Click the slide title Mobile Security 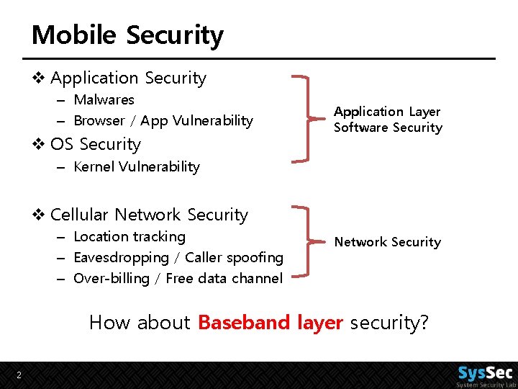(x=127, y=35)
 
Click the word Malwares (x=104, y=99)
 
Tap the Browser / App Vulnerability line (x=163, y=120)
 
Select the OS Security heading (x=95, y=144)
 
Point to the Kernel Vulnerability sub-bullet (x=137, y=166)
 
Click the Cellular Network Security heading (x=149, y=215)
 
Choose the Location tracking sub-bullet (x=129, y=236)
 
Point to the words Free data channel (x=224, y=278)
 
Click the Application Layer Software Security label (x=388, y=120)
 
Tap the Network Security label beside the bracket (x=388, y=242)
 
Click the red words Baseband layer (x=270, y=322)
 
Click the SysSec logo (x=485, y=375)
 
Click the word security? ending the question (x=389, y=322)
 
